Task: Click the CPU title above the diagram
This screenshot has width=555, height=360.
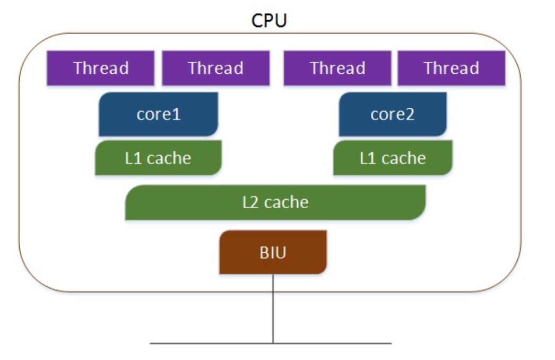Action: [268, 21]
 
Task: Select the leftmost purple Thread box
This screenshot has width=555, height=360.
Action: [101, 68]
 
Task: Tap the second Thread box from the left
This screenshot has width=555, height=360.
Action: [215, 68]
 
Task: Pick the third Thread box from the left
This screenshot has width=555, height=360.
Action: [337, 68]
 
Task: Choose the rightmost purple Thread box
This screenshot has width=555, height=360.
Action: [451, 68]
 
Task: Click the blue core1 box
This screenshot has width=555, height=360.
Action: [158, 114]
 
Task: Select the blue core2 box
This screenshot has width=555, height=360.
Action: [393, 114]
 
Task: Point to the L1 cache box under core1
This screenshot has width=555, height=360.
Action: [158, 158]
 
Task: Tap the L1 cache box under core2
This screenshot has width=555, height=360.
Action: [393, 158]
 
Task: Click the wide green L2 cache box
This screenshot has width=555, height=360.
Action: [275, 202]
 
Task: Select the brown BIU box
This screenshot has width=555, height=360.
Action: [273, 253]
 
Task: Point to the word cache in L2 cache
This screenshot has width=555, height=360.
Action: [286, 202]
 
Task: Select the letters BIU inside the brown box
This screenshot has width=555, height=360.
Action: [273, 253]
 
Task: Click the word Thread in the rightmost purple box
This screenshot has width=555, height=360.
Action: [451, 68]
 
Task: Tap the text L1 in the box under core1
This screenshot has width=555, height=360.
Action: [133, 158]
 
